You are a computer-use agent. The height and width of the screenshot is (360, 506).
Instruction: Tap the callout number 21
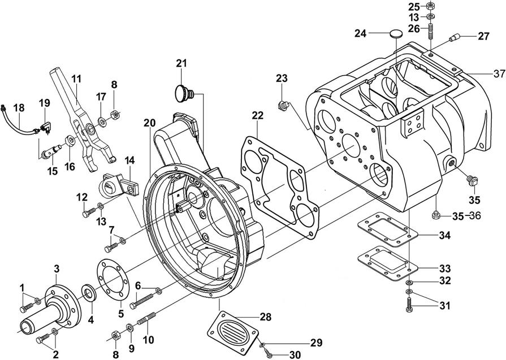pos(181,63)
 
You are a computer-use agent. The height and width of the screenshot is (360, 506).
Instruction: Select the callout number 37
pos(498,73)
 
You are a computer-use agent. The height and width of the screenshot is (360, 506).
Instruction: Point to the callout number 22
pos(258,115)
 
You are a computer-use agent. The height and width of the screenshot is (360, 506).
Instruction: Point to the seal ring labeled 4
pos(89,292)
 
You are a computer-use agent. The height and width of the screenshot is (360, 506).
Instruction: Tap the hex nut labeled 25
pos(430,6)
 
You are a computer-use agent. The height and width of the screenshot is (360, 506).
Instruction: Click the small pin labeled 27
pos(454,38)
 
